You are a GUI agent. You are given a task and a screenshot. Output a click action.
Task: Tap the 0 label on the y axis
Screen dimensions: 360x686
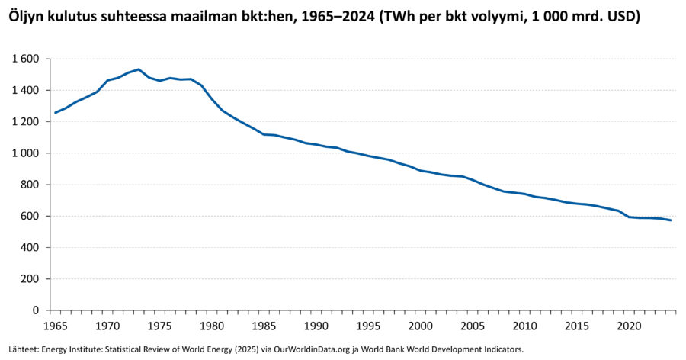tap(36, 310)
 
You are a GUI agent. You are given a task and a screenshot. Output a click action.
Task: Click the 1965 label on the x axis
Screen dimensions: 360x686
tap(55, 326)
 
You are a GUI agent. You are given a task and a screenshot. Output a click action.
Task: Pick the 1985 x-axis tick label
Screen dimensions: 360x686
tap(264, 326)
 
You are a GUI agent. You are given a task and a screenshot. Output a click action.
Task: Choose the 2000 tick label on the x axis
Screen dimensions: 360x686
tap(422, 326)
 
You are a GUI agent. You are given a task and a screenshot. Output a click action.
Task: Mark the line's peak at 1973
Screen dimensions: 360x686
tap(139, 69)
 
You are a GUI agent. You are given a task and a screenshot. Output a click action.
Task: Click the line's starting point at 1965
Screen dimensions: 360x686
tap(55, 113)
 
